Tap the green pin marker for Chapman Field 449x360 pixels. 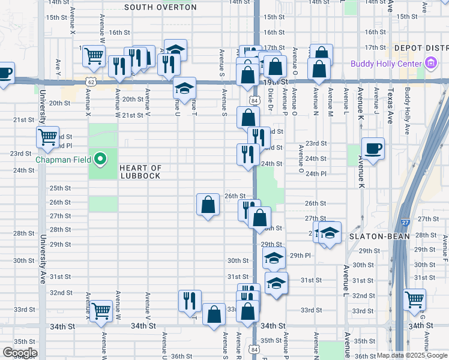[x=101, y=160]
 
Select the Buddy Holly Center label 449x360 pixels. [x=388, y=62]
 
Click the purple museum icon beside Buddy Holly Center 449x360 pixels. [x=430, y=62]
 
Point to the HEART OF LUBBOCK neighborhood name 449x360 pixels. [x=140, y=172]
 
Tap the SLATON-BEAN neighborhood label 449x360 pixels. [x=379, y=236]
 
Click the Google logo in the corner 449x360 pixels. [x=19, y=353]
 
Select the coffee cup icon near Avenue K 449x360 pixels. [x=373, y=148]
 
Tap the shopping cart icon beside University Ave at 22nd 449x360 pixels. [x=47, y=136]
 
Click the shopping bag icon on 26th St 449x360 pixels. [x=208, y=205]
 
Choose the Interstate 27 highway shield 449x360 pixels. [x=406, y=222]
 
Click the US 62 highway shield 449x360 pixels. [x=91, y=80]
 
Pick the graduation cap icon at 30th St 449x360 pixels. [x=274, y=258]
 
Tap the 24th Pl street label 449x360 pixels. [x=315, y=174]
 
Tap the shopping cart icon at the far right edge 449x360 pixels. [x=415, y=298]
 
